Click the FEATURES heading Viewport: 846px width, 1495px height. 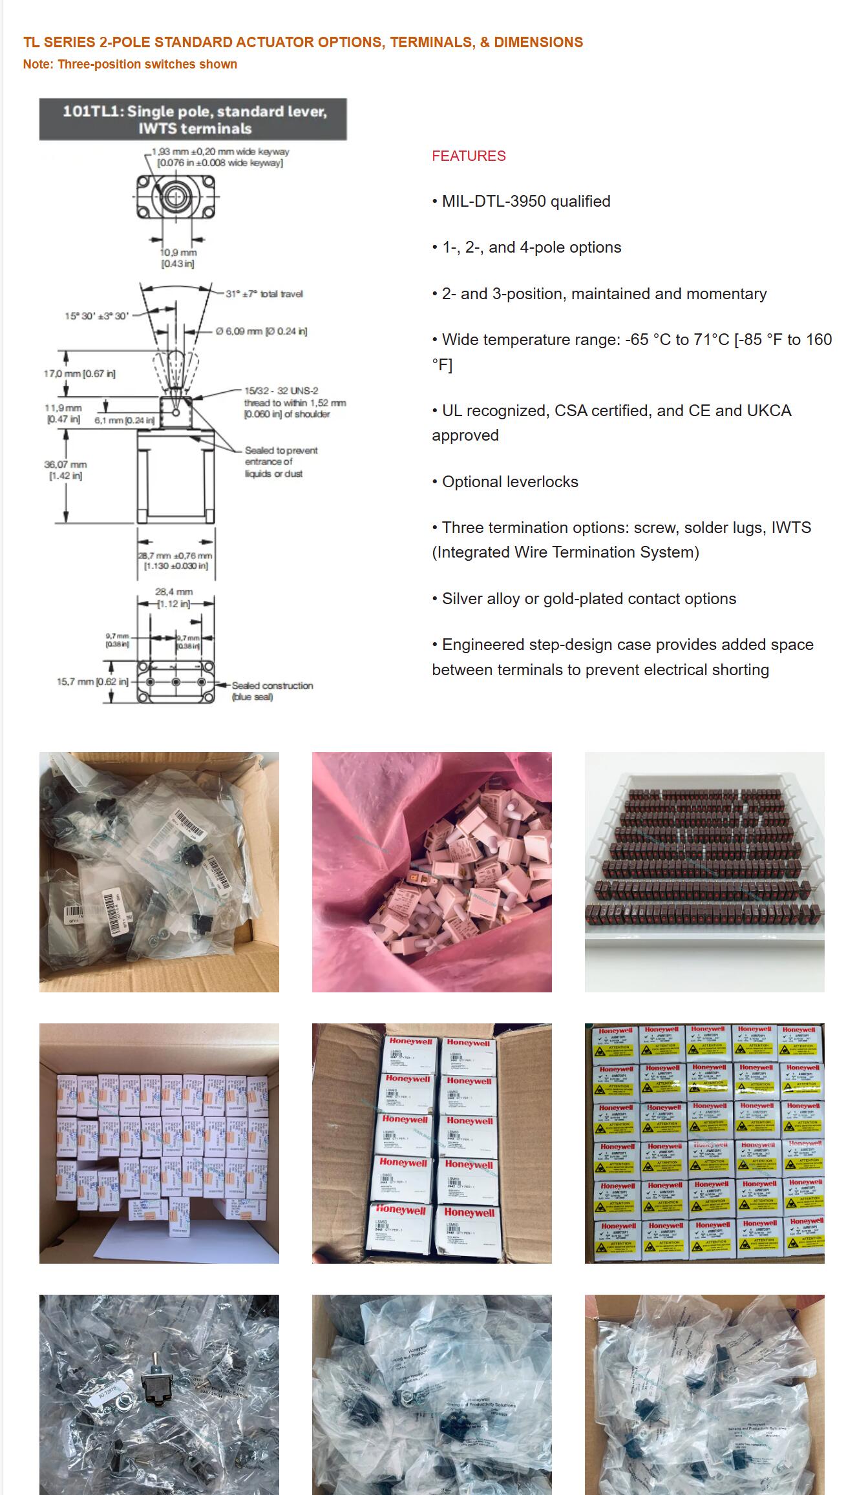469,156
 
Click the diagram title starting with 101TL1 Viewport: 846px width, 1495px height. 194,120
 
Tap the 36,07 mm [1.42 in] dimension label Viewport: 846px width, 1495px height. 65,470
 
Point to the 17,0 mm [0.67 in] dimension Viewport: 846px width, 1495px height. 79,373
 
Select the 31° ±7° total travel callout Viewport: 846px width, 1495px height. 264,294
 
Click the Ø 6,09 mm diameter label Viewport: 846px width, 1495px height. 262,331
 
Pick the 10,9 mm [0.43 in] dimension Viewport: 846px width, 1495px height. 178,258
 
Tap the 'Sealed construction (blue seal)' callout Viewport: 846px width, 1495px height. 272,691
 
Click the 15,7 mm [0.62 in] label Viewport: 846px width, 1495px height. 92,682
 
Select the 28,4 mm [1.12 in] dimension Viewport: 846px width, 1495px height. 174,598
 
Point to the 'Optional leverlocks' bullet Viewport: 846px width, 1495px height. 510,482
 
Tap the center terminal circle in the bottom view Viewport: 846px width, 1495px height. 174,682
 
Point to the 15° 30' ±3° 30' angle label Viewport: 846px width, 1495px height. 96,316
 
